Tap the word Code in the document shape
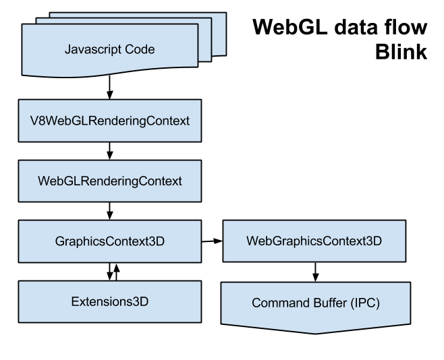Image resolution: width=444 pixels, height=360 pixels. pyautogui.click(x=140, y=49)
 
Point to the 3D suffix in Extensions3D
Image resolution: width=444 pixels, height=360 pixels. pyautogui.click(x=140, y=301)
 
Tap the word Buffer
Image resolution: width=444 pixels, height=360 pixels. pyautogui.click(x=326, y=303)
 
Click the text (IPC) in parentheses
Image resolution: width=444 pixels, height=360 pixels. pyautogui.click(x=365, y=303)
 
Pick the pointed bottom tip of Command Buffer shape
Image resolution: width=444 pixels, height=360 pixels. pyautogui.click(x=315, y=332)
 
